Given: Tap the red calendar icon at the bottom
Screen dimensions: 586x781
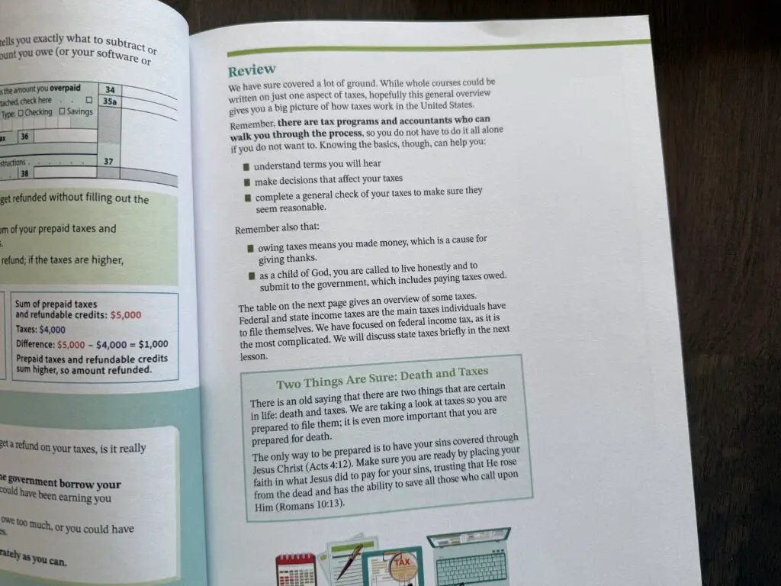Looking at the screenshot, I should (295, 568).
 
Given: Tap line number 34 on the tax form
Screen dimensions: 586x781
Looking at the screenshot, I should (111, 89).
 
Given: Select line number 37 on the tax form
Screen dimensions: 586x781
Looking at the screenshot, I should (109, 161).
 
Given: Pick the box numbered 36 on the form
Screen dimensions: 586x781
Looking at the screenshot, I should (24, 137).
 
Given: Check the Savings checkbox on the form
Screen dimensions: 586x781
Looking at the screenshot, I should (84, 112).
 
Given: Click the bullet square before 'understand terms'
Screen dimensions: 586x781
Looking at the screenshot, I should (246, 166).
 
